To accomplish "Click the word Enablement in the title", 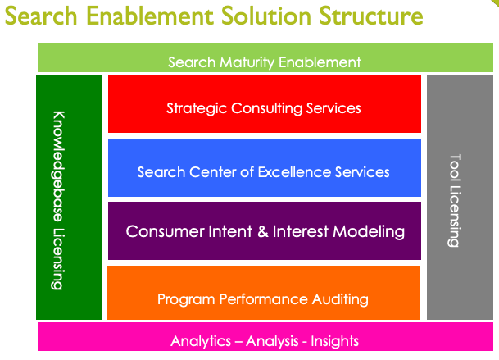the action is tap(150, 16).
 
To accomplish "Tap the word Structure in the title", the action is tap(371, 16).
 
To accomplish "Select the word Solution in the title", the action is tap(266, 16).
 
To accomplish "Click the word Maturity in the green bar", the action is tap(247, 62).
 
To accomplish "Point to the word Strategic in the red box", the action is tap(197, 108).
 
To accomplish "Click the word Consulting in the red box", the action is tap(266, 108).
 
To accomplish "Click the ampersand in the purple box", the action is tap(263, 231).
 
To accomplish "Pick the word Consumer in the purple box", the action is tap(166, 231).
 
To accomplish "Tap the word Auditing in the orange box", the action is tap(340, 299).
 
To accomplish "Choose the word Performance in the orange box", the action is tap(263, 299).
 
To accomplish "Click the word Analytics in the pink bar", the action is tap(201, 341).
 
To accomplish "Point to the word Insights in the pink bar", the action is tap(335, 341).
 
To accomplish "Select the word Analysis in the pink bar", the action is tap(272, 341).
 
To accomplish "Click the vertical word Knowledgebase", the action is tap(58, 166).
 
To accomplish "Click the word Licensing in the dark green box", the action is tap(57, 259).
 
